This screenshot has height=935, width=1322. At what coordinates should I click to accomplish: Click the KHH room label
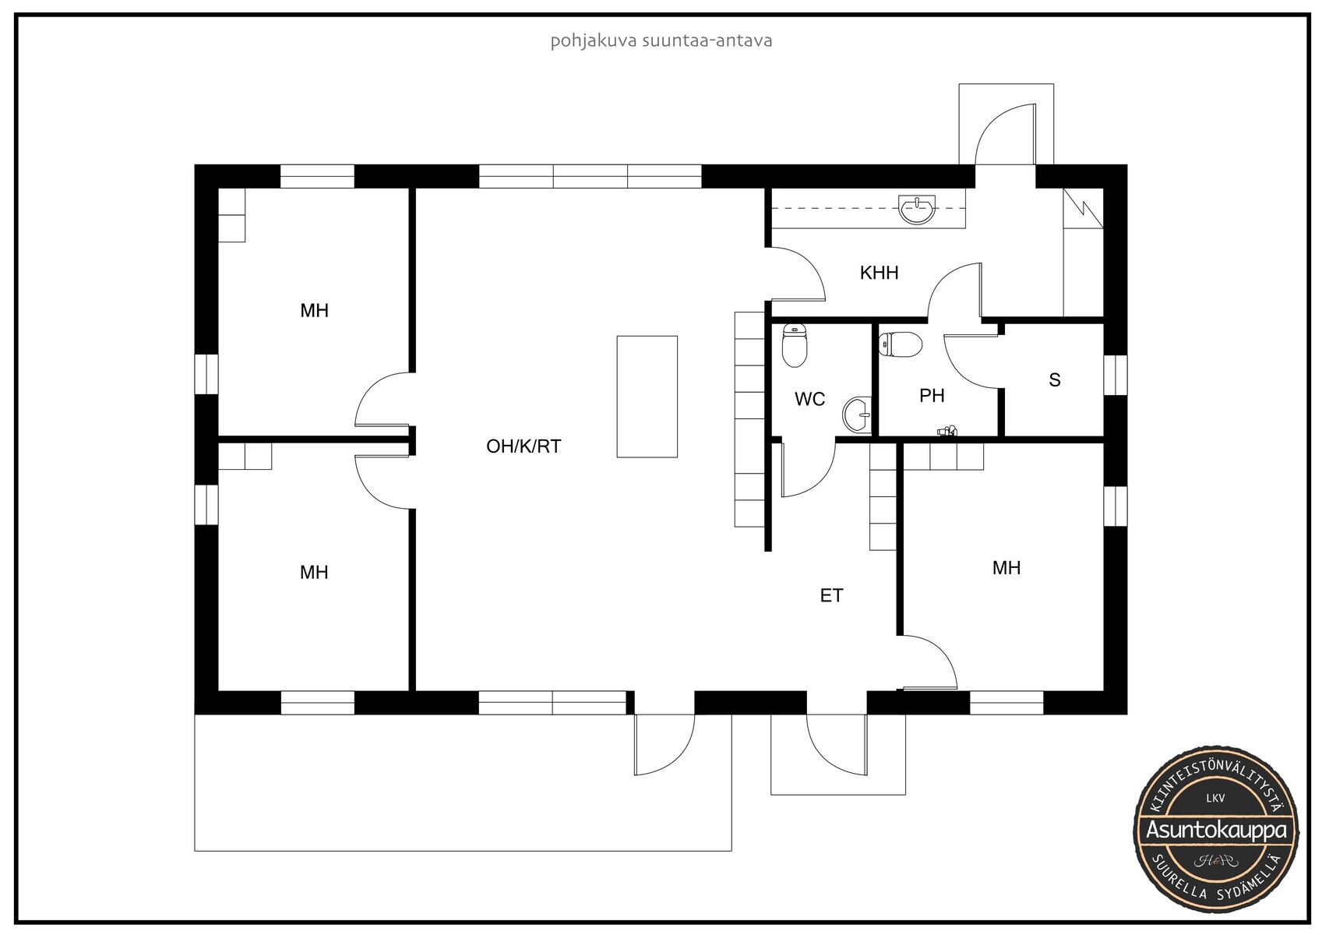click(879, 273)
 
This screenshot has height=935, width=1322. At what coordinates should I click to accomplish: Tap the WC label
click(809, 399)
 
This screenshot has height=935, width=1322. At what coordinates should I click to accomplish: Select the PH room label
click(932, 396)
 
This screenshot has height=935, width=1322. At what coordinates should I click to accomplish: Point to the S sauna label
click(1055, 379)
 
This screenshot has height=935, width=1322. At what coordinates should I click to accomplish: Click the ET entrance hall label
click(831, 595)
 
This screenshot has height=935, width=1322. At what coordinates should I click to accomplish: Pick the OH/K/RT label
click(524, 446)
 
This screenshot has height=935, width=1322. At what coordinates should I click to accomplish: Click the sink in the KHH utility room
click(917, 210)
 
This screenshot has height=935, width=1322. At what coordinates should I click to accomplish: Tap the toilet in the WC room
click(795, 346)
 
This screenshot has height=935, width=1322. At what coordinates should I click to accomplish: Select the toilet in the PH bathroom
click(900, 344)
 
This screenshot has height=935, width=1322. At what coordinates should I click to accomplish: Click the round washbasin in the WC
click(857, 415)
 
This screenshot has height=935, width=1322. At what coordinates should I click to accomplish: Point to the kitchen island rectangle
click(647, 397)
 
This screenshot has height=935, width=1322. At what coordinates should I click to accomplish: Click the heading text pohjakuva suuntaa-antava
click(661, 41)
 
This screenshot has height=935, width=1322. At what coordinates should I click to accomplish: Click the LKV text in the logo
click(1216, 798)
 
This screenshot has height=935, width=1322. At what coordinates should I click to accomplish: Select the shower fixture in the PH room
click(947, 431)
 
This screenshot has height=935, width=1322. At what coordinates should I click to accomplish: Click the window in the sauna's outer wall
click(1115, 375)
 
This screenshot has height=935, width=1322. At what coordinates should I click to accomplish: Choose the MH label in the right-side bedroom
click(1006, 568)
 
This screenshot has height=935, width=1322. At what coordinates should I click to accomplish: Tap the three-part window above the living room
click(590, 177)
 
